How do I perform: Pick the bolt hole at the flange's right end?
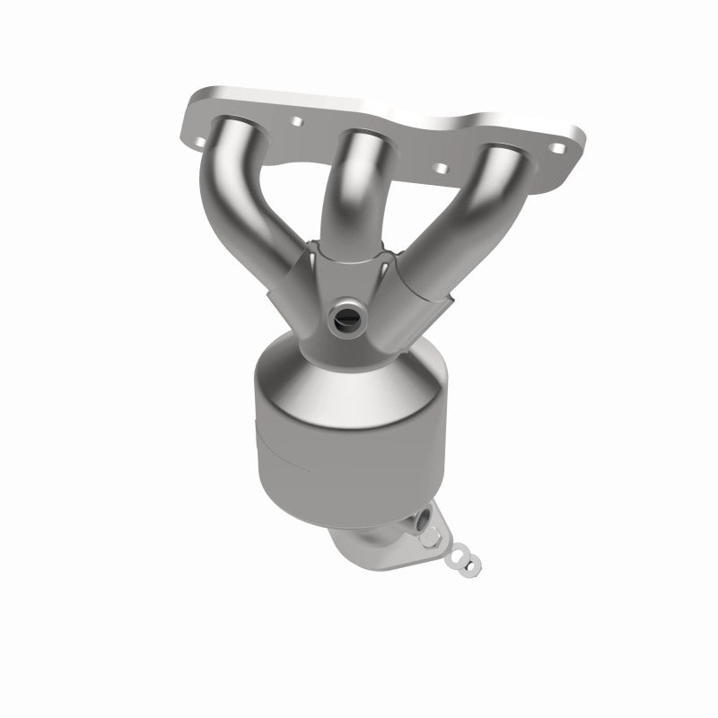(x=567, y=145)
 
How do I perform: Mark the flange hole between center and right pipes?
(x=440, y=164)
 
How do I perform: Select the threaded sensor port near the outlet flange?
(x=423, y=518)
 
